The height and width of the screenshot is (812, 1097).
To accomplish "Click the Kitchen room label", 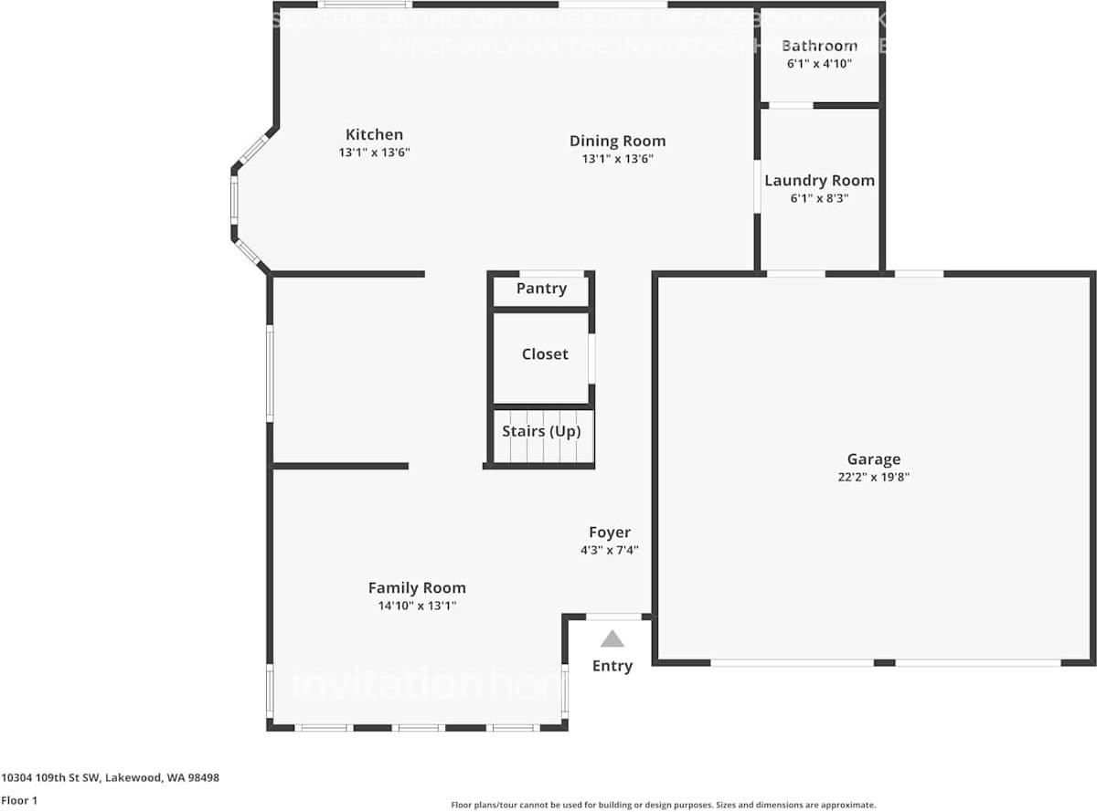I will (374, 134).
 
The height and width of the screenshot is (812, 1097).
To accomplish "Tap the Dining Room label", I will (617, 141).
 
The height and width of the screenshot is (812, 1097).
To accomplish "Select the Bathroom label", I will (819, 46).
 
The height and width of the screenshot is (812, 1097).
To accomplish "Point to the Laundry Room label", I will (819, 181).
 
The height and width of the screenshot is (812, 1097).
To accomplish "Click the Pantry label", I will (541, 289).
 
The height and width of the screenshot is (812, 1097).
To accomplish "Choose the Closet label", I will (545, 354).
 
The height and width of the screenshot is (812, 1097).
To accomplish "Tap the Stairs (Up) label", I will (541, 431).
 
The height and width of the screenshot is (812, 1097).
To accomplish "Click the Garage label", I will (873, 459).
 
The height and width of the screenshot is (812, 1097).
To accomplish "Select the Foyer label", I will (609, 533).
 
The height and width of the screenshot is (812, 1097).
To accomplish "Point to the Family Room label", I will (417, 588).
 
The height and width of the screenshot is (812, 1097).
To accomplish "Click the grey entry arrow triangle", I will (612, 639).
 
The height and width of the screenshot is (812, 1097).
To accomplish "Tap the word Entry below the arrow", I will (612, 666).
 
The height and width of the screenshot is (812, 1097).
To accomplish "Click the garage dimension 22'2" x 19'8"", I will (873, 477).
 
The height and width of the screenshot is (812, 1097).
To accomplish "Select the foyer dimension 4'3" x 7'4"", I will (609, 550).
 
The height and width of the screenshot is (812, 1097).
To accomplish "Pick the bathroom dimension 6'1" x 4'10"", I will (819, 64).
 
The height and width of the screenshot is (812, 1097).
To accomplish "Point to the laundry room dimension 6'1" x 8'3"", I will (819, 198).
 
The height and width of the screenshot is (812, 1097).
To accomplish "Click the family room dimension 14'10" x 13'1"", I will (417, 606).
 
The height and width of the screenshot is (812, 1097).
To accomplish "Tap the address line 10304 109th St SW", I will (111, 778).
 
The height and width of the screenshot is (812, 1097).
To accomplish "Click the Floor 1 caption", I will (20, 800).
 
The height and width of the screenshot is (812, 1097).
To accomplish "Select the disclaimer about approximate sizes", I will (663, 805).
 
